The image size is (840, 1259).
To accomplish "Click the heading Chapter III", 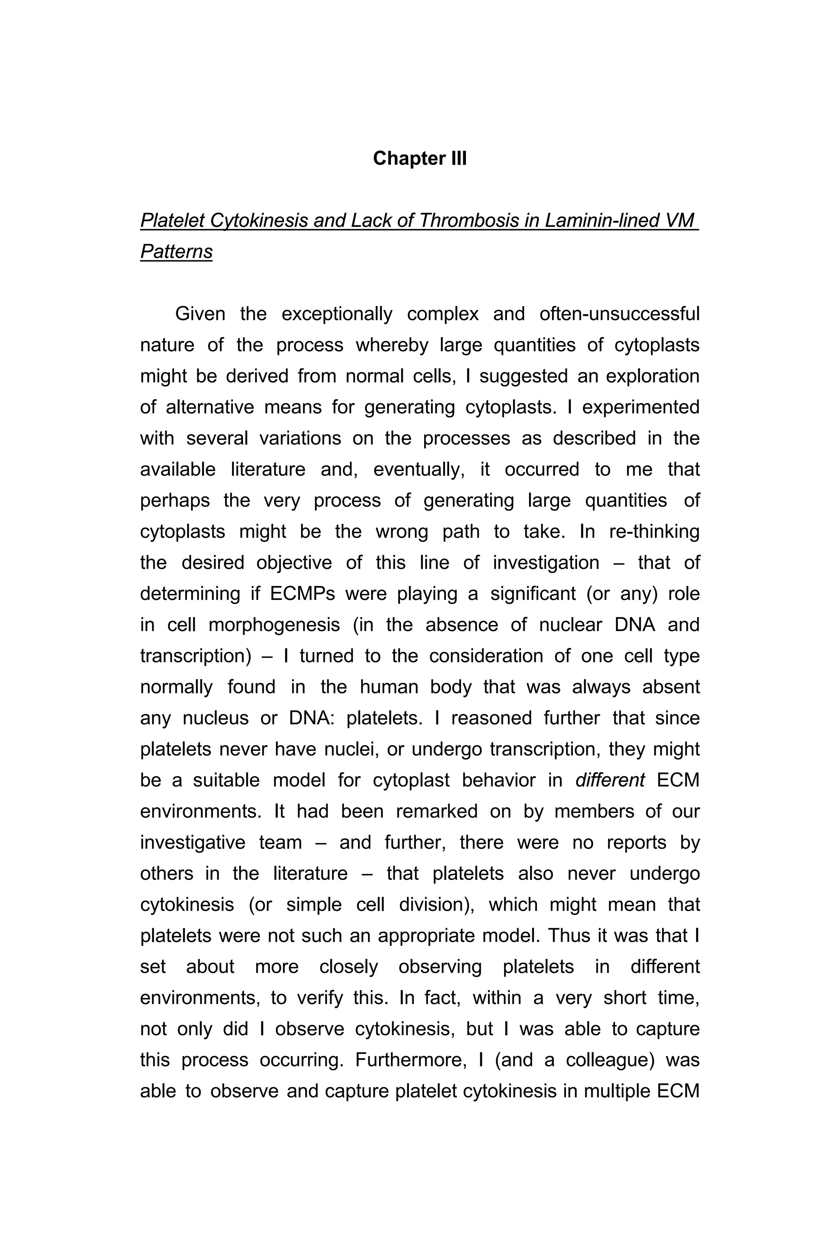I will [420, 159].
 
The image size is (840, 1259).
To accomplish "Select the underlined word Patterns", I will [176, 252].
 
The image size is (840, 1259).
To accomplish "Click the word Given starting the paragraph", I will [200, 314].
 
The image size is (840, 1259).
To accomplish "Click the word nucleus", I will [215, 718].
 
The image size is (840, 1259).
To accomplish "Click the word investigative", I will [193, 842].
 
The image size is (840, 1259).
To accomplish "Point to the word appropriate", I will [427, 935].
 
